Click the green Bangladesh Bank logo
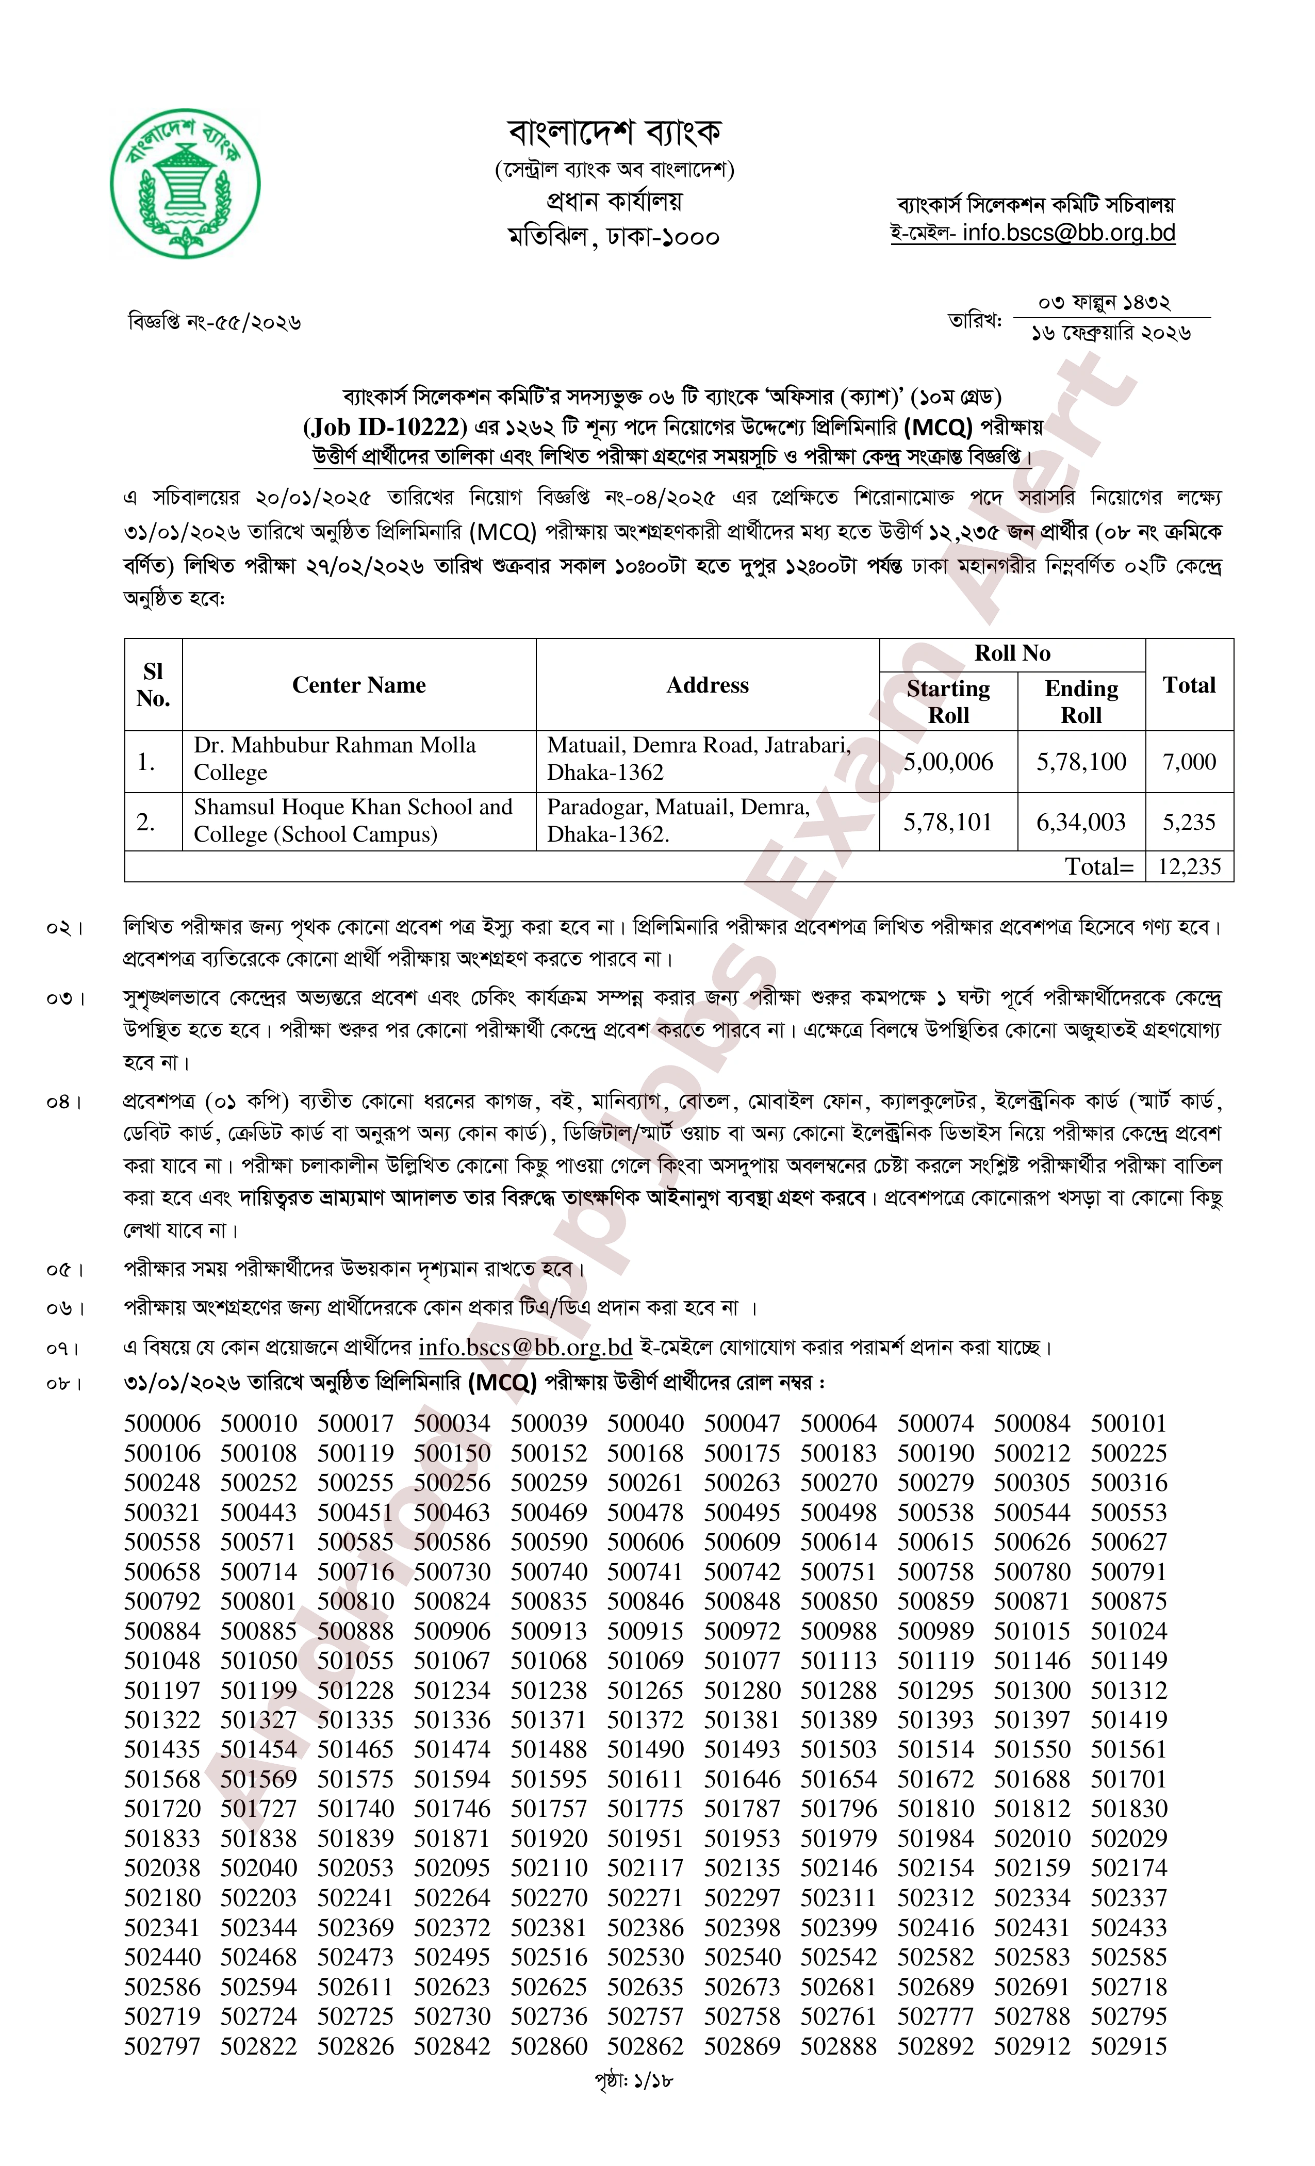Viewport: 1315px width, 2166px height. tap(186, 183)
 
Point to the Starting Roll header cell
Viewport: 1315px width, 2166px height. tap(948, 701)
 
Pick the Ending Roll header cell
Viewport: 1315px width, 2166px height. tap(1081, 701)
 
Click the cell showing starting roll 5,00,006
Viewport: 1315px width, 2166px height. tap(948, 761)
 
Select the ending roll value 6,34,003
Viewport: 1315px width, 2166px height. tap(1081, 822)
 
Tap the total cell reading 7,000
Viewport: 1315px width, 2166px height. tap(1189, 761)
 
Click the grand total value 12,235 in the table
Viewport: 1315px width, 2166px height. tap(1189, 867)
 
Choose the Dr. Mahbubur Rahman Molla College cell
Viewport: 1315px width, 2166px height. tap(335, 759)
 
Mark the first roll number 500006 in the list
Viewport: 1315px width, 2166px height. tap(162, 1423)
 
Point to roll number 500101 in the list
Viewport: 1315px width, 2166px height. tap(1129, 1423)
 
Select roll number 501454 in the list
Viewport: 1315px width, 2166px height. tap(258, 1749)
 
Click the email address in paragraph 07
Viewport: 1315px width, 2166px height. tap(525, 1347)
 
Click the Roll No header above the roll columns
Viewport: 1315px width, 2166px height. tap(1012, 653)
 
